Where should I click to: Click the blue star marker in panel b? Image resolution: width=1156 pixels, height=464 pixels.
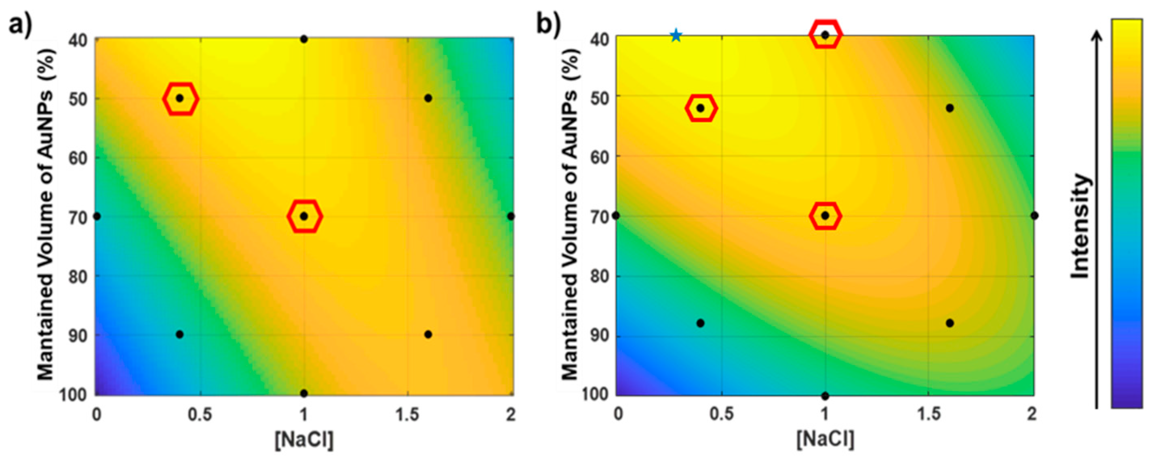pyautogui.click(x=676, y=36)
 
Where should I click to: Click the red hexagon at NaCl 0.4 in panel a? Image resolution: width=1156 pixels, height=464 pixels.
pyautogui.click(x=180, y=98)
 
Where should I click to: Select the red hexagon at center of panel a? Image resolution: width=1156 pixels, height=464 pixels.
pyautogui.click(x=304, y=216)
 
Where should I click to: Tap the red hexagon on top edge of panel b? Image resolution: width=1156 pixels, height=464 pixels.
pyautogui.click(x=825, y=35)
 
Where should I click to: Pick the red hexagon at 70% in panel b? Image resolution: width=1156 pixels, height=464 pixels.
pyautogui.click(x=825, y=215)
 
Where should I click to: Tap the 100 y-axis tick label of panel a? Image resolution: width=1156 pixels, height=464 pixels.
pyautogui.click(x=78, y=395)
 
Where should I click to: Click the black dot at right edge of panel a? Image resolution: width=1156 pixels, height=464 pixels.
pyautogui.click(x=511, y=217)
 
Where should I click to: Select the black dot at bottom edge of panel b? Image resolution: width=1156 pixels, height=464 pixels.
pyautogui.click(x=825, y=396)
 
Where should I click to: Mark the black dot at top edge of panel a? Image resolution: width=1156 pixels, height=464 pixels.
pyautogui.click(x=304, y=39)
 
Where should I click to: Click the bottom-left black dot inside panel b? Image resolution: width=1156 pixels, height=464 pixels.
pyautogui.click(x=700, y=323)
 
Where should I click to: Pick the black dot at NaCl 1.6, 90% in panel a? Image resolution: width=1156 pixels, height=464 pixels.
pyautogui.click(x=428, y=334)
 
